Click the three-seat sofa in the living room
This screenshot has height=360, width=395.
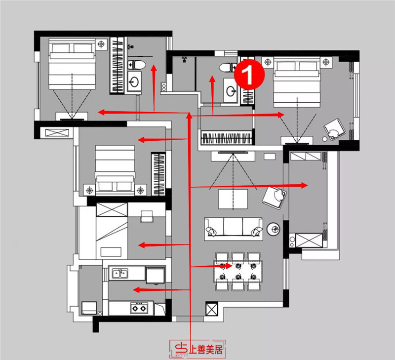coord(234,228)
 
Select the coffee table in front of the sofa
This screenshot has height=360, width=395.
coord(234,199)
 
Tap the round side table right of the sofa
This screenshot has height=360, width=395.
coord(273,228)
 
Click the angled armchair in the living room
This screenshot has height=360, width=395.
coord(274,197)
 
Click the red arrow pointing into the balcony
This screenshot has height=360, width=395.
coord(252,186)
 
